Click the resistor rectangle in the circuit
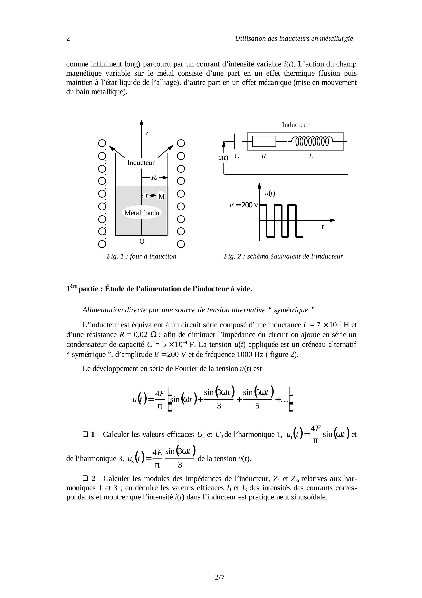(264, 142)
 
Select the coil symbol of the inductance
(312, 142)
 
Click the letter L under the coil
(311, 156)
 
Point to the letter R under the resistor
(263, 156)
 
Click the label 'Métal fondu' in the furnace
(142, 213)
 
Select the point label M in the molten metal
(162, 196)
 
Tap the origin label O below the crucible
(142, 242)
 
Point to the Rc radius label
(155, 178)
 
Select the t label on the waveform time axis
(323, 227)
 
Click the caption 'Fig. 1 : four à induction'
(142, 256)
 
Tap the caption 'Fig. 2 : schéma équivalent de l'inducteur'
(283, 256)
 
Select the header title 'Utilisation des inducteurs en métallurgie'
(294, 38)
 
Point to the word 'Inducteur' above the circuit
(296, 125)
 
